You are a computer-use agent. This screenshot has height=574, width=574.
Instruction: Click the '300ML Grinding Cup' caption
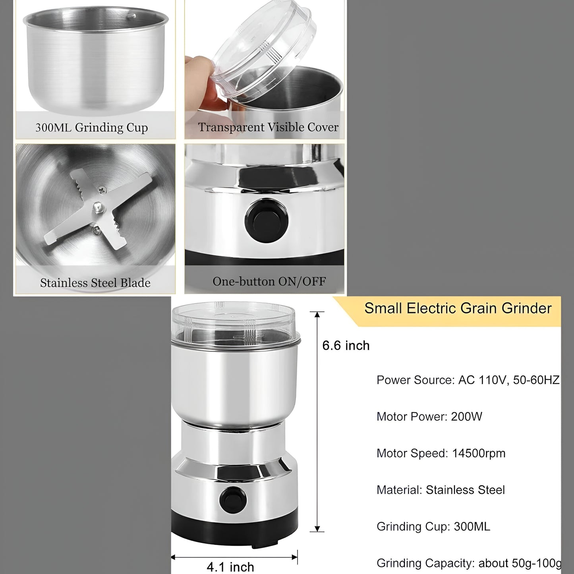tap(92, 128)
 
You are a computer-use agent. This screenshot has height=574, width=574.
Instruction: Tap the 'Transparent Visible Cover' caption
tap(268, 127)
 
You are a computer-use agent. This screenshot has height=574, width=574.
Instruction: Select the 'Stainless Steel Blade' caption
tap(95, 283)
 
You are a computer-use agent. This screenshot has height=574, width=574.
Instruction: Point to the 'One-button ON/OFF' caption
tap(269, 281)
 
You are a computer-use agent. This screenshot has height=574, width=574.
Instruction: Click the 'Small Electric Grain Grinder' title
tap(458, 308)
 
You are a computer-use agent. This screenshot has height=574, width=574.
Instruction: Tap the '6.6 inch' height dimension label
tap(346, 346)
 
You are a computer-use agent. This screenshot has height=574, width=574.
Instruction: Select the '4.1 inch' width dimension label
tap(230, 566)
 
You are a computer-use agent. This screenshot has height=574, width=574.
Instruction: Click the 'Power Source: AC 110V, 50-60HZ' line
tap(468, 380)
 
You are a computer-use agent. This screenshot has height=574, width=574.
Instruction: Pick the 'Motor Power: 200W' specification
tap(429, 417)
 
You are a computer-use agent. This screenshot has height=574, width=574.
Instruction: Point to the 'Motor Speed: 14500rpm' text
tap(441, 453)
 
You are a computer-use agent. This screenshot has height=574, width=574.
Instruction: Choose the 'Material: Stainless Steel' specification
tap(441, 490)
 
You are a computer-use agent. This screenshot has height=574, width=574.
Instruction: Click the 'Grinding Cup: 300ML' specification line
tap(433, 526)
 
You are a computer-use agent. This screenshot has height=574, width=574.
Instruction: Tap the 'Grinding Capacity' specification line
tap(469, 563)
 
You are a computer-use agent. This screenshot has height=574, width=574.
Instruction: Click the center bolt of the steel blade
tap(98, 207)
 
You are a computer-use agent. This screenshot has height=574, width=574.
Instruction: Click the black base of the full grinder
tap(234, 524)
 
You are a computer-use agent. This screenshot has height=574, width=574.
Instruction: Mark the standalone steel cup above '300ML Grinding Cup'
tap(95, 60)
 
